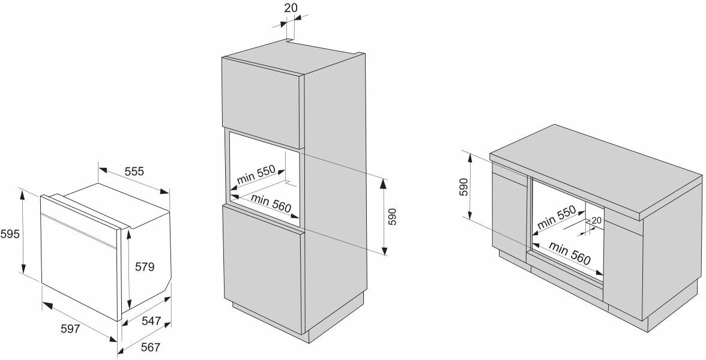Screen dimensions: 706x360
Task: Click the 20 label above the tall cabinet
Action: coord(291,8)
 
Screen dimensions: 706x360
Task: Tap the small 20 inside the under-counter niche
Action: coord(596,220)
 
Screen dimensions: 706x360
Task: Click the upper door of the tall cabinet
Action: coord(261,96)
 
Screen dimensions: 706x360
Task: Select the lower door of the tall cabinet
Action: coord(261,258)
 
